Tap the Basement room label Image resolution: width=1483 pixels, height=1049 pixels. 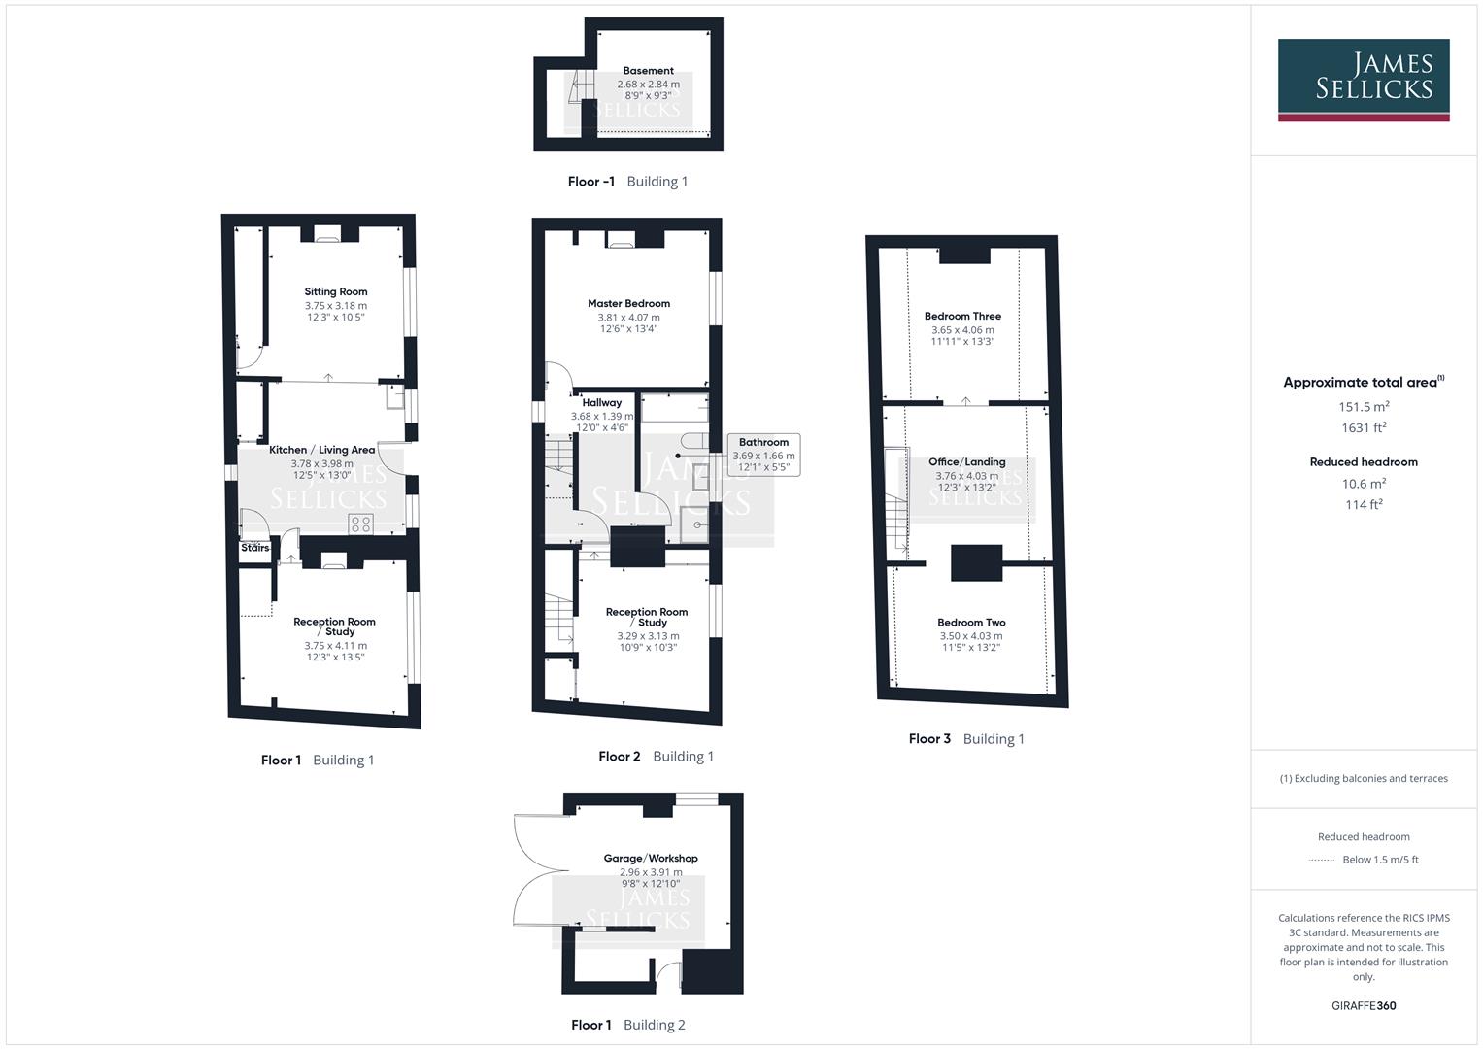point(648,71)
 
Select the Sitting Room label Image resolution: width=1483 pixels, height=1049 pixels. point(335,291)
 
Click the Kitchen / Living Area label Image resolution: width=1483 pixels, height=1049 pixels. point(321,450)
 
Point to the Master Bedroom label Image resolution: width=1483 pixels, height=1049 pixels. point(628,303)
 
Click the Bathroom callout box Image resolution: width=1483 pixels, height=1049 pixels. point(763,455)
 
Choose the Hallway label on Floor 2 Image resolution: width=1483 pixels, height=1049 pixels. point(601,402)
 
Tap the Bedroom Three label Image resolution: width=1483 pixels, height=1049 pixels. point(962,316)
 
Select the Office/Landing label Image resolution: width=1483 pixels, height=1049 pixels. point(966,462)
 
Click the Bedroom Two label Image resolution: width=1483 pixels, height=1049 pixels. point(971,623)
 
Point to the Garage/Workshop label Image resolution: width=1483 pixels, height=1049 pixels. point(651,859)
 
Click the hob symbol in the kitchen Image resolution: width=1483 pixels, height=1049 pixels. point(360,524)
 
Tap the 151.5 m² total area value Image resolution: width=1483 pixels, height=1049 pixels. point(1364,407)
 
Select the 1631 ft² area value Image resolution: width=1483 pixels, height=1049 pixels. point(1364,427)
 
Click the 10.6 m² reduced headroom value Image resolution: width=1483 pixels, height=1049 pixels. point(1364,484)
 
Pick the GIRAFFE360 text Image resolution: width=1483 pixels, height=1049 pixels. point(1364,1005)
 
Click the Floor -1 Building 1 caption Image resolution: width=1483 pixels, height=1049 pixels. point(627,182)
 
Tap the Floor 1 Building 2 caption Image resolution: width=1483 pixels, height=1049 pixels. point(627,1025)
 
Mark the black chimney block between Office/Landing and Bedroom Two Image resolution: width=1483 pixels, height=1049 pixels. point(975,562)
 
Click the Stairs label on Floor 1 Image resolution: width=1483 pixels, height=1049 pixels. point(254,548)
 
